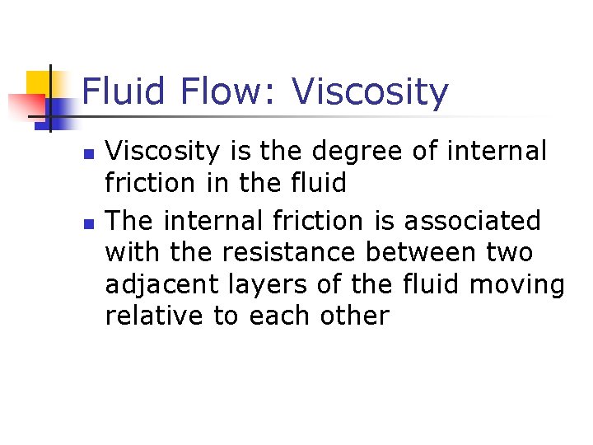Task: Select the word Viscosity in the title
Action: pos(370,92)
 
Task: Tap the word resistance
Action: pos(288,252)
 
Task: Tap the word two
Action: pos(511,252)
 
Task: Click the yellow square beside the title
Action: pos(40,83)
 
